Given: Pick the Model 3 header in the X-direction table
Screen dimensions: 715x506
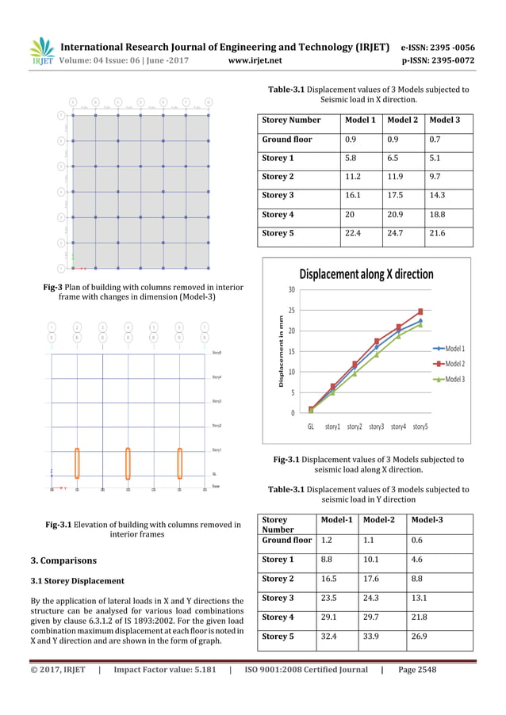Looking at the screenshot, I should click(x=447, y=120).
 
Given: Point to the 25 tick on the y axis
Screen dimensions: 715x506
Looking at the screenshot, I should click(x=291, y=310).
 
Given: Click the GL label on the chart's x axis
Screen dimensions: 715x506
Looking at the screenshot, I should click(x=311, y=426).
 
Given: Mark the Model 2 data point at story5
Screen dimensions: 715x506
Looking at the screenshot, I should click(x=420, y=312).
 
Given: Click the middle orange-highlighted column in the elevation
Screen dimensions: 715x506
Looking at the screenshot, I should click(x=128, y=463).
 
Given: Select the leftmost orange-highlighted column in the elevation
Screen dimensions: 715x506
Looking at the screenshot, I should click(x=77, y=463).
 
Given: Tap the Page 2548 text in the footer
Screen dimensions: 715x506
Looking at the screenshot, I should click(x=416, y=670).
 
